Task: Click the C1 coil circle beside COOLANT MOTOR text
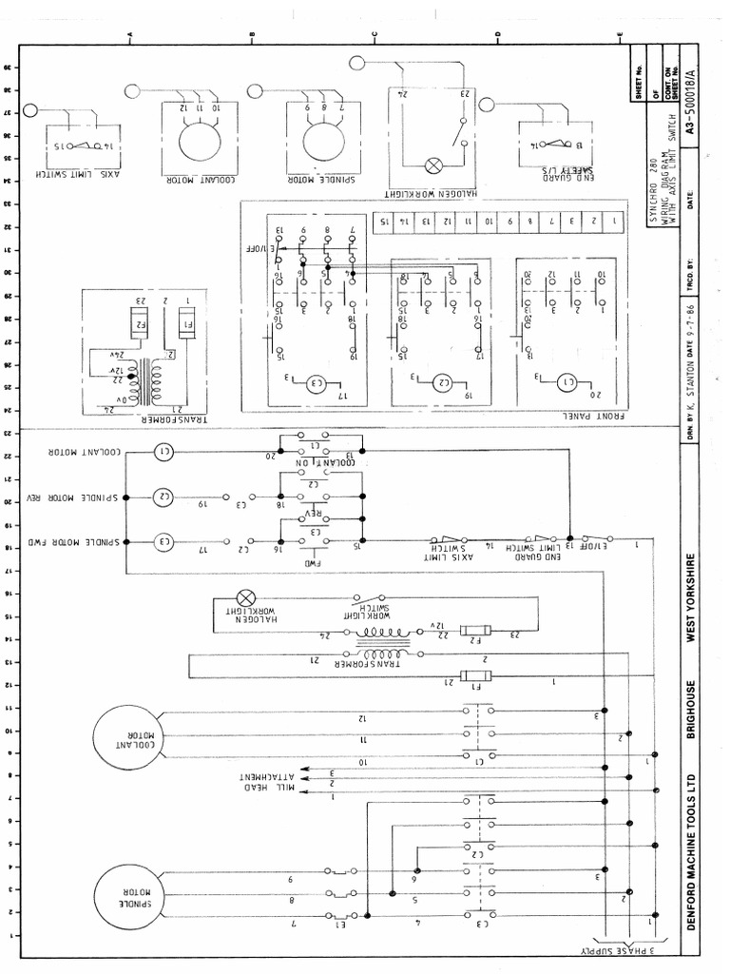pyautogui.click(x=163, y=452)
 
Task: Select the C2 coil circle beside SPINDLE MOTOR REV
pyautogui.click(x=163, y=497)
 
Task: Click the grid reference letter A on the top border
pyautogui.click(x=129, y=36)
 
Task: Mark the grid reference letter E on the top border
pyautogui.click(x=620, y=36)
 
